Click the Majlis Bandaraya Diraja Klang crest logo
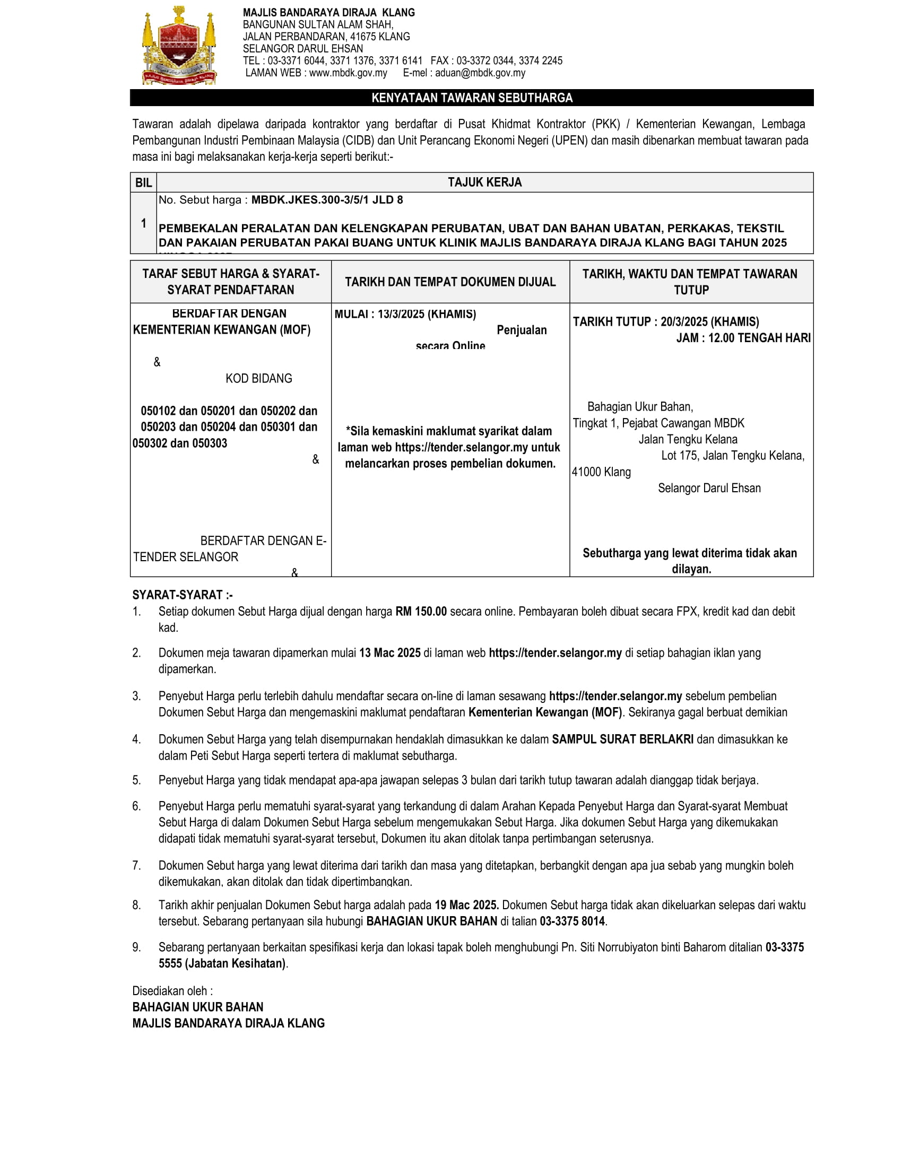point(179,46)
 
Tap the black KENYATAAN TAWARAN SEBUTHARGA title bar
point(471,98)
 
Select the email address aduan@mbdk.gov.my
point(480,73)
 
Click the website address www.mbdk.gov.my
point(348,73)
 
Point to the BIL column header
point(143,183)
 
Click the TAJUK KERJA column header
point(484,182)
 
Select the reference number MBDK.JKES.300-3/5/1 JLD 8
point(327,200)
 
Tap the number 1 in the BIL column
point(143,223)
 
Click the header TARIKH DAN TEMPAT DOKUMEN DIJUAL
point(450,282)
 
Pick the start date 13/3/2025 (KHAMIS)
point(427,314)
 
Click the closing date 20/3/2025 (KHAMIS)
point(709,321)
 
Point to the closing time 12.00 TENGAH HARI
point(759,338)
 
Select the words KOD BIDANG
point(258,378)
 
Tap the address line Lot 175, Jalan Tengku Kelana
point(733,455)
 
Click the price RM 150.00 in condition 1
point(421,611)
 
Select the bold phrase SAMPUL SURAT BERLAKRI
point(622,739)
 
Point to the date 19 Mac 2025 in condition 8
point(466,905)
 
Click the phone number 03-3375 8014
point(573,921)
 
